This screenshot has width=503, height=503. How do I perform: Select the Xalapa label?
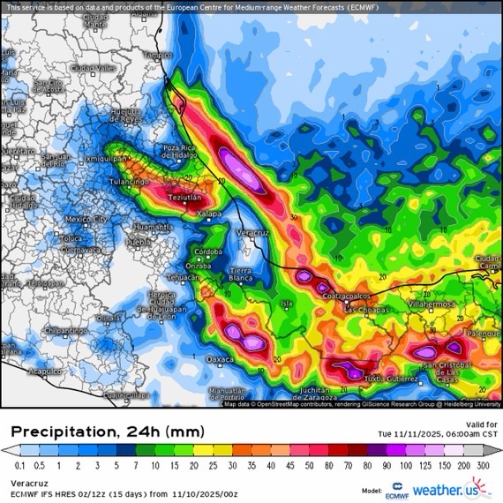point(209,214)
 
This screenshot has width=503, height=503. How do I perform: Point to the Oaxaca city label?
point(221,359)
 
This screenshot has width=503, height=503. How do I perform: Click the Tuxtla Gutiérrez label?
point(391,379)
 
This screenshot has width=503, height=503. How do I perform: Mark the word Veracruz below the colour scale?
point(29,483)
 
